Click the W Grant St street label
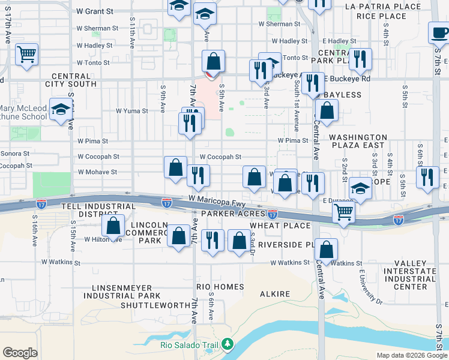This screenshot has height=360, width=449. click(95, 11)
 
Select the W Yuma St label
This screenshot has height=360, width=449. click(131, 111)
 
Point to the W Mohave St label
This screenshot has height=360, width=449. click(97, 172)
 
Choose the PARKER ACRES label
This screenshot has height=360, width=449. click(234, 214)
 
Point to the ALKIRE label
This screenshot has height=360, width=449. click(275, 295)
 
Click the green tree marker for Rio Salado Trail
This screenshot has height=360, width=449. click(227, 344)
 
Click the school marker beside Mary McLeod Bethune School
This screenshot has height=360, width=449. click(59, 110)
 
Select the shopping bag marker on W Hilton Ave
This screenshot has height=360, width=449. click(113, 226)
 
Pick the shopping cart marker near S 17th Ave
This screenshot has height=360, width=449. click(26, 55)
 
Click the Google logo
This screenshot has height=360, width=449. click(20, 353)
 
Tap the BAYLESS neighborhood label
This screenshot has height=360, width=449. click(343, 95)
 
